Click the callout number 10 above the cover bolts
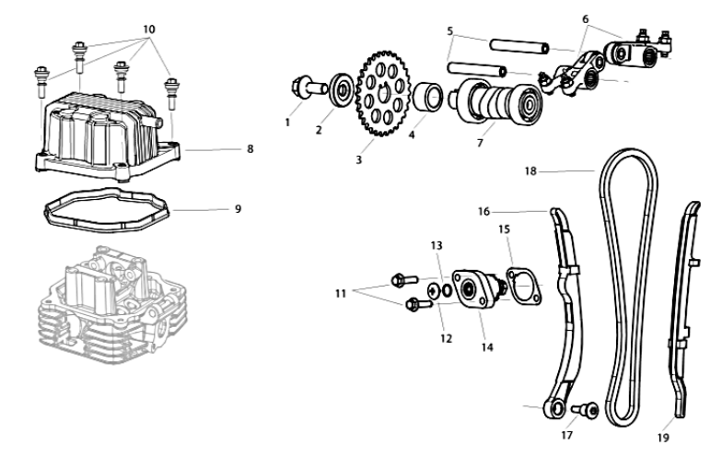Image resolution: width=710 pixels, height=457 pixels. tap(149, 29)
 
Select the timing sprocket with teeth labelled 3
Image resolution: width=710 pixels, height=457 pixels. tap(382, 94)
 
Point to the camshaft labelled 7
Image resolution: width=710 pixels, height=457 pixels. tap(498, 102)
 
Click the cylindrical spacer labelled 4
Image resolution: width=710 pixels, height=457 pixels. tap(428, 97)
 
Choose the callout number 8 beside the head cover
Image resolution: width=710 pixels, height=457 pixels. tap(250, 149)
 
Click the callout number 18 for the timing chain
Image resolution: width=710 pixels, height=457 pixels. tap(530, 171)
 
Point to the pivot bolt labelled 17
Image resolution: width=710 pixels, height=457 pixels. tap(586, 410)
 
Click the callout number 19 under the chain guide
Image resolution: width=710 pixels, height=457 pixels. tap(663, 438)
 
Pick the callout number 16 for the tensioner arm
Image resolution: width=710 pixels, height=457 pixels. tap(483, 212)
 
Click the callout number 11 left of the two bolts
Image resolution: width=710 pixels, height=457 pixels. tap(341, 294)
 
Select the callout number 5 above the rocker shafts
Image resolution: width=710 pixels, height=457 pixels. tap(449, 31)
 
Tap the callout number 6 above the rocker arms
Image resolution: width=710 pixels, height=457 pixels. tap(585, 19)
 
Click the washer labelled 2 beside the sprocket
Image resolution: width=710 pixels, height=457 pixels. tap(341, 89)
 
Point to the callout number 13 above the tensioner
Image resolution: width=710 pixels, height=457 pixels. tap(436, 245)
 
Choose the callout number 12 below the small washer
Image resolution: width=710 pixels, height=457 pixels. tap(446, 338)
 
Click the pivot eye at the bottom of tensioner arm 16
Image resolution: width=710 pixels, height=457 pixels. tap(554, 409)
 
